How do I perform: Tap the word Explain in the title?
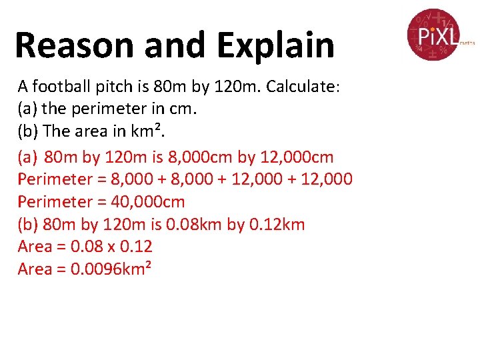tap(275, 45)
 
